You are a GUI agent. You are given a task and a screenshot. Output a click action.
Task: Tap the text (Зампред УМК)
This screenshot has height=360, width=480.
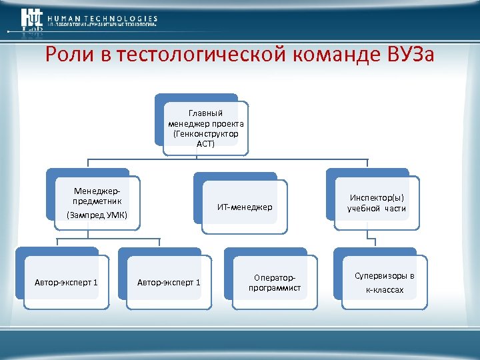pyautogui.click(x=97, y=215)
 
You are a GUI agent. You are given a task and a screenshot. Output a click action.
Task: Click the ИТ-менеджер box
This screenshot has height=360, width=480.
pyautogui.click(x=245, y=207)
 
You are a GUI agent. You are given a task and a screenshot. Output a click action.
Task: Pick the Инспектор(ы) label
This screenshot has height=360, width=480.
pyautogui.click(x=377, y=197)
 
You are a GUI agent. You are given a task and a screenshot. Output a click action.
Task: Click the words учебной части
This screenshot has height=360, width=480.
pyautogui.click(x=377, y=209)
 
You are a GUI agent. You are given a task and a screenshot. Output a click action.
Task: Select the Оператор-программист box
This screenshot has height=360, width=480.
pyautogui.click(x=274, y=283)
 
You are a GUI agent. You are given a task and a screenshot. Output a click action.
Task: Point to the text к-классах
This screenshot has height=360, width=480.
pyautogui.click(x=384, y=290)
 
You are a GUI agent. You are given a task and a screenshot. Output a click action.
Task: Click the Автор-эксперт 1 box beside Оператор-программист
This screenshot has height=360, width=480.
pyautogui.click(x=168, y=283)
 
